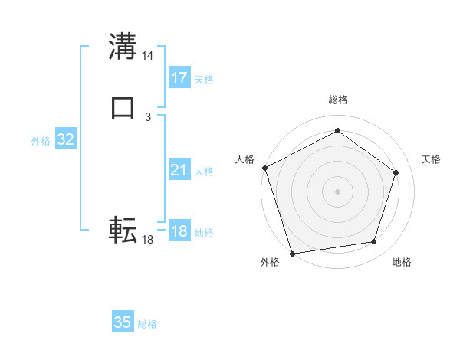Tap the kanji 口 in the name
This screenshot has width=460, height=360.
coord(123,108)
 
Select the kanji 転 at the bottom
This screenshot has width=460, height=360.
coord(123,230)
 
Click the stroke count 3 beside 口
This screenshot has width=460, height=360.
coord(148,116)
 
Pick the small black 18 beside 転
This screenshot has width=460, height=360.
coord(148,240)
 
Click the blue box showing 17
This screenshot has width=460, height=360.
coord(179,78)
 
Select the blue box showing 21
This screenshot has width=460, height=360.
coord(179,171)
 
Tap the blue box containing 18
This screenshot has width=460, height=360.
coord(179,231)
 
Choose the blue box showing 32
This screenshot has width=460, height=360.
coord(66,139)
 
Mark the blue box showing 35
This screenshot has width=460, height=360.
coord(123,322)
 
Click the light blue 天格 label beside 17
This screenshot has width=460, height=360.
coord(204,80)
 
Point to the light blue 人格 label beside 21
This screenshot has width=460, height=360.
coord(204,172)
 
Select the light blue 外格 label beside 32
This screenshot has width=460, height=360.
coord(41,141)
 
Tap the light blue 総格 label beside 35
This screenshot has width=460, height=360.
coord(147,324)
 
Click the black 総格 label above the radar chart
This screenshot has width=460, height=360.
coord(337,100)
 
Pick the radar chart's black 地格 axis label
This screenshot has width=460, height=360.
coord(402,263)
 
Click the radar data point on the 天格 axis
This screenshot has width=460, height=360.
coord(396,172)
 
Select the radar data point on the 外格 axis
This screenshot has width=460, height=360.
coord(292,252)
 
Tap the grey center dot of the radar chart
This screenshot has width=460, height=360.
coord(337,191)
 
